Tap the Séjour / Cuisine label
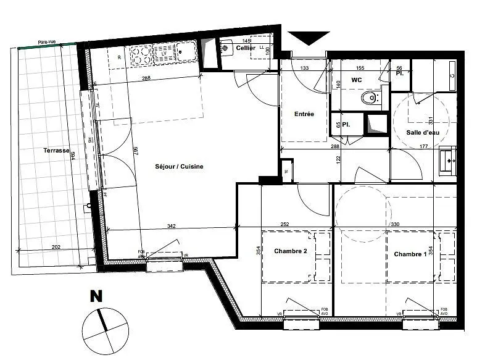tap(179, 167)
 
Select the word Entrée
tap(304, 114)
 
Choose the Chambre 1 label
tap(410, 254)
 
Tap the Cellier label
tap(246, 48)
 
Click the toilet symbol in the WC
tap(371, 97)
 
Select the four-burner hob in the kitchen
tap(141, 53)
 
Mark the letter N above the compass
tap(96, 296)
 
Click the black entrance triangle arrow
tap(305, 38)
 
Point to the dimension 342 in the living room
tap(172, 227)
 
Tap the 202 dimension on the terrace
tap(56, 248)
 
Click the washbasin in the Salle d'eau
tap(447, 161)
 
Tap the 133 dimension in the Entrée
tap(304, 68)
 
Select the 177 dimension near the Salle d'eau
tap(423, 147)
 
